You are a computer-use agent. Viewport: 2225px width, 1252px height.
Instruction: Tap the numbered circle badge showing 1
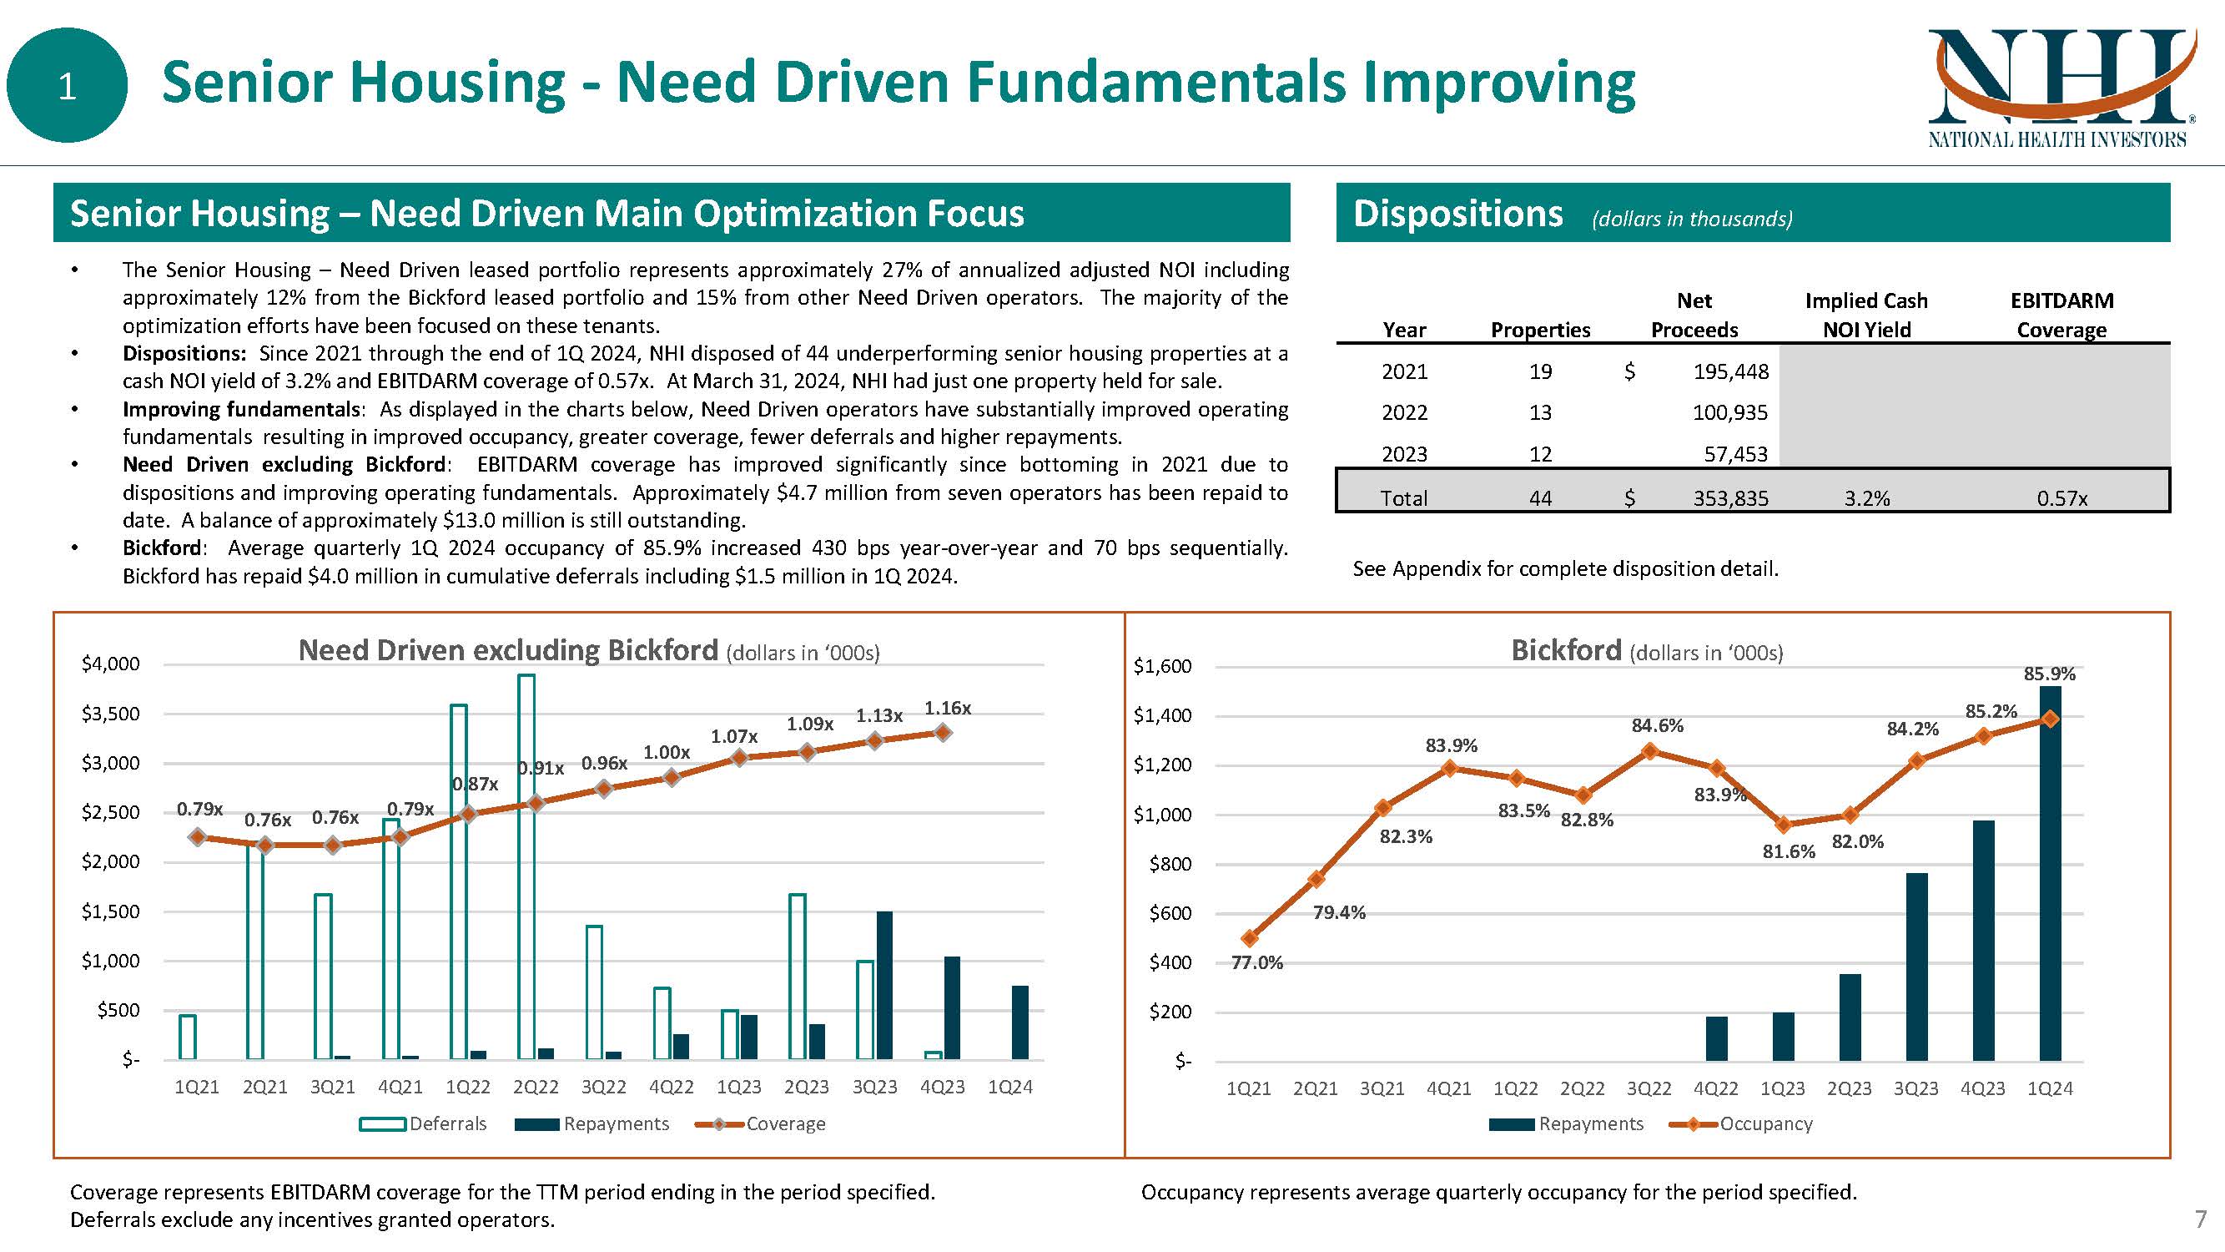click(67, 85)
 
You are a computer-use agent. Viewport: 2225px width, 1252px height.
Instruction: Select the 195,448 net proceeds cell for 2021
click(1730, 371)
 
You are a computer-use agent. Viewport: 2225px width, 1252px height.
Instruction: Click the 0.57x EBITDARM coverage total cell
click(2061, 498)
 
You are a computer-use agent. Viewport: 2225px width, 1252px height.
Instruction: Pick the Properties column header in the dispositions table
click(1540, 330)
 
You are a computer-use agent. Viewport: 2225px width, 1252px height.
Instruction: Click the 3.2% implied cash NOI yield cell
click(1866, 498)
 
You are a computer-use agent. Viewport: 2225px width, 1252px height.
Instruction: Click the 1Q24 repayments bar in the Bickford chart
click(2050, 873)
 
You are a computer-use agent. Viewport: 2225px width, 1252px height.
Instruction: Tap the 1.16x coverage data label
click(948, 709)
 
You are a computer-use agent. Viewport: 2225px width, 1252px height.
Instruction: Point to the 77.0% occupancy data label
click(1256, 962)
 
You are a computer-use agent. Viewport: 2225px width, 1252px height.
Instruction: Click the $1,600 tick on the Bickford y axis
click(1162, 666)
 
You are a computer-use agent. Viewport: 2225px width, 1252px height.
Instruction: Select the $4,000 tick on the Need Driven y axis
click(109, 664)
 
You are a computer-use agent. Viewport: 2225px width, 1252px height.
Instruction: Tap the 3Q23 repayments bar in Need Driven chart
click(884, 985)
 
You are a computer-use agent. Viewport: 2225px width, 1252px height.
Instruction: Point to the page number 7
click(2201, 1219)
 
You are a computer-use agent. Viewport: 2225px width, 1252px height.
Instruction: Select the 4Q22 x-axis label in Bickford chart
click(1715, 1088)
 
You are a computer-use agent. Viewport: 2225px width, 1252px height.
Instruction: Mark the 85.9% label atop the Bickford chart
click(2049, 673)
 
